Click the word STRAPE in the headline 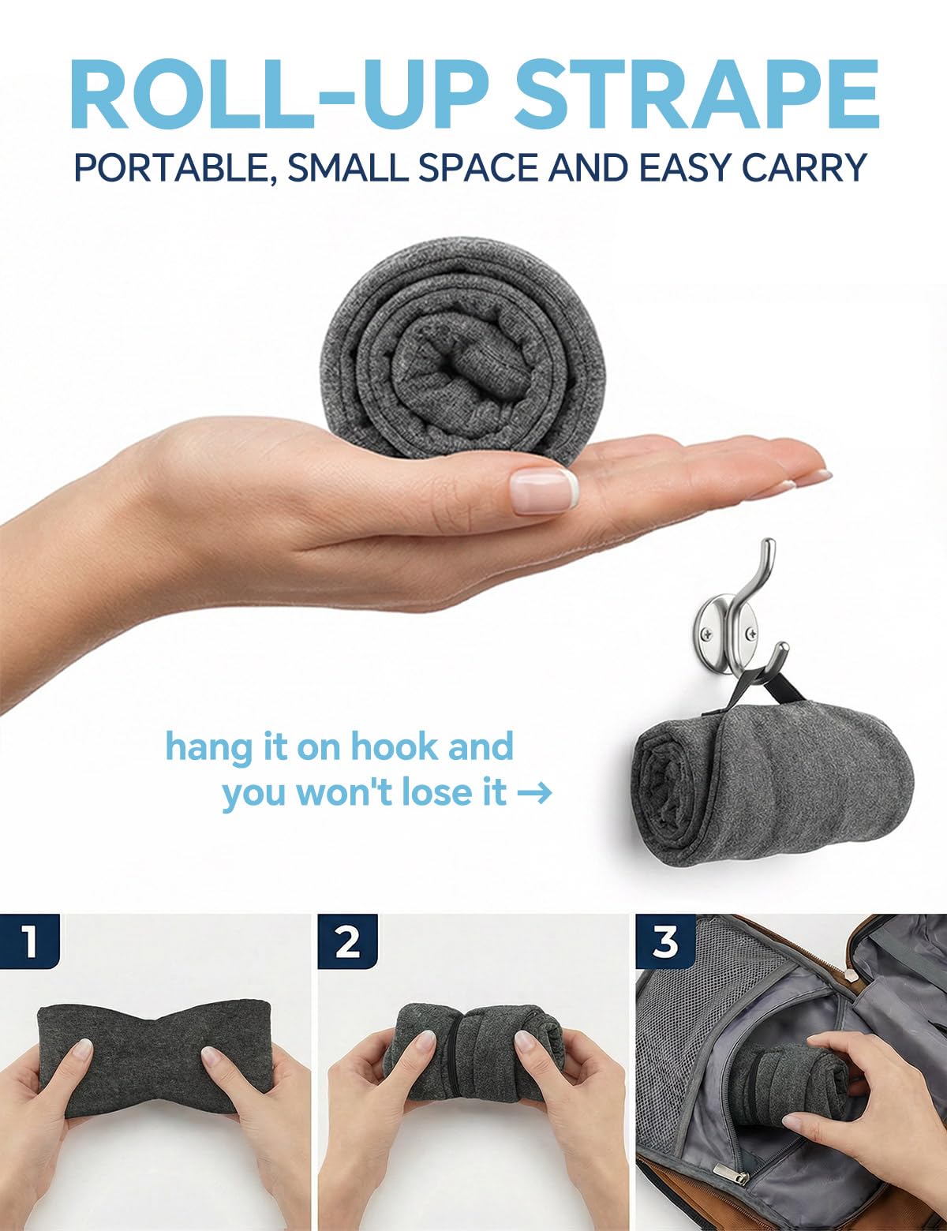click(x=696, y=94)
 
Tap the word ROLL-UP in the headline click(x=278, y=94)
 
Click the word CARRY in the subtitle click(x=804, y=167)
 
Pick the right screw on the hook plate click(x=751, y=634)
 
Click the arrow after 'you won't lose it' click(x=535, y=793)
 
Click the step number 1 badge click(x=29, y=941)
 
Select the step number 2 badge click(x=346, y=941)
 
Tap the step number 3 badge click(x=665, y=941)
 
